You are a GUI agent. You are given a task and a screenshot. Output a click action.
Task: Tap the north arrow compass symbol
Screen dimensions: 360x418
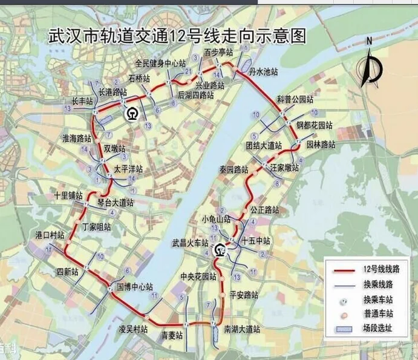point(370,64)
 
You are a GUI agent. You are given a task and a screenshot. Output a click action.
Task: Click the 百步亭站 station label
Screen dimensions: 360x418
point(218,53)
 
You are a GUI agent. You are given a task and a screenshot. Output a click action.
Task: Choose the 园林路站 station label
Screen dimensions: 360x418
point(321,145)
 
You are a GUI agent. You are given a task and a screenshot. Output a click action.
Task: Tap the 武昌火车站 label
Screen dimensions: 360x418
point(190,243)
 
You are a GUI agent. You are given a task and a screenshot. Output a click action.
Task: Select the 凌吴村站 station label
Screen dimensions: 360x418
point(133,329)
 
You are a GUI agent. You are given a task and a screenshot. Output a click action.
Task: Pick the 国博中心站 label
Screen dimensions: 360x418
point(134,286)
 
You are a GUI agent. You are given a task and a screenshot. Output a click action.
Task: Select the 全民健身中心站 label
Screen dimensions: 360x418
point(160,63)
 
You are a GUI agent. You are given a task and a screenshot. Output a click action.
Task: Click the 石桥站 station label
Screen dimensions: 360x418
point(139,78)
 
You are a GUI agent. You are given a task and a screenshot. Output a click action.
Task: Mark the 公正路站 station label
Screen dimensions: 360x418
point(264,210)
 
